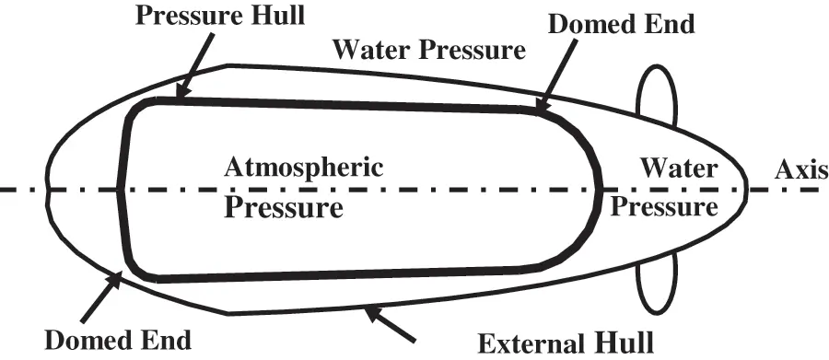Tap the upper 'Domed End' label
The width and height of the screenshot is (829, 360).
click(x=619, y=24)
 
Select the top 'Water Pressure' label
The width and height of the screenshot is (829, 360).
click(x=428, y=49)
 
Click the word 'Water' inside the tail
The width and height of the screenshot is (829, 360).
click(x=678, y=169)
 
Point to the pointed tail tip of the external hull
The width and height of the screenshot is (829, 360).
click(x=744, y=189)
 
